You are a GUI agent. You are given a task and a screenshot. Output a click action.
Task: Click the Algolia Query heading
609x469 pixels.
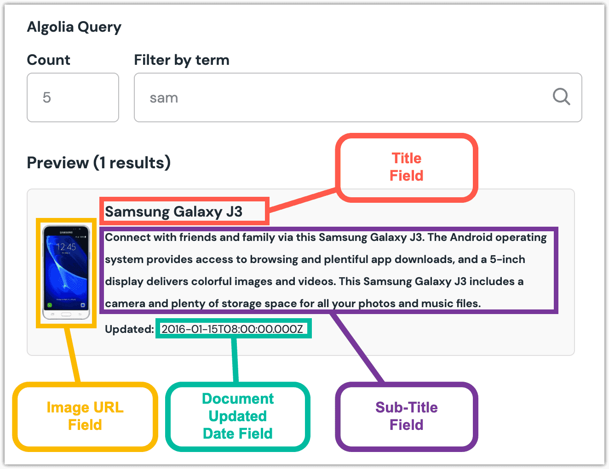[74, 27]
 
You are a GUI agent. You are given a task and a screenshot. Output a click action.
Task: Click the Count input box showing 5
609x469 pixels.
[73, 97]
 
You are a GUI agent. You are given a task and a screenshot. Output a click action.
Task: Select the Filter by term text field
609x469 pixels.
[340, 97]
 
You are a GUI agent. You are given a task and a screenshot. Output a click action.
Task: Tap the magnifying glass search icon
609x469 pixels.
[561, 97]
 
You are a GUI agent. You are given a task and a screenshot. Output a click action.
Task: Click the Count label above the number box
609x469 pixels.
[48, 60]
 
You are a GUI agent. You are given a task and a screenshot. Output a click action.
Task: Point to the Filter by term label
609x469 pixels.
[181, 60]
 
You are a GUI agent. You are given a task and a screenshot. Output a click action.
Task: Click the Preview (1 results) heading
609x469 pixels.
[98, 162]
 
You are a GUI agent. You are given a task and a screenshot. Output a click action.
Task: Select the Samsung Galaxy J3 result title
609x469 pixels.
[173, 212]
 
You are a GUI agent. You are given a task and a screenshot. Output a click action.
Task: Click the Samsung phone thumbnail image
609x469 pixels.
[66, 272]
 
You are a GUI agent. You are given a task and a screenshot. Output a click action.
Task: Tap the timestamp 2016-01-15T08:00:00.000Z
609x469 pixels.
[232, 329]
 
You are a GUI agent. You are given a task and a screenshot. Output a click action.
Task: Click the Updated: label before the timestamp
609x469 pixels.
[129, 329]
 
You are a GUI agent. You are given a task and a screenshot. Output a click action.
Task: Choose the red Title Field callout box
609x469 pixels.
[407, 167]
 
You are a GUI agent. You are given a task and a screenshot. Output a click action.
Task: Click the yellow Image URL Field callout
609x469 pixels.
[85, 416]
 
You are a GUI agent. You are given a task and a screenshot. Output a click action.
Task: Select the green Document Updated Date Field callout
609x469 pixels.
[238, 416]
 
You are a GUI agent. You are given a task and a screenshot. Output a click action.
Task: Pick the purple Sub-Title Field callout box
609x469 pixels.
[407, 416]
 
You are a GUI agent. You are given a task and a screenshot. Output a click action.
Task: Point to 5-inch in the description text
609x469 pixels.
[507, 259]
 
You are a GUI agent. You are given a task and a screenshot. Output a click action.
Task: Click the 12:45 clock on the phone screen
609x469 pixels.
[66, 247]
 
